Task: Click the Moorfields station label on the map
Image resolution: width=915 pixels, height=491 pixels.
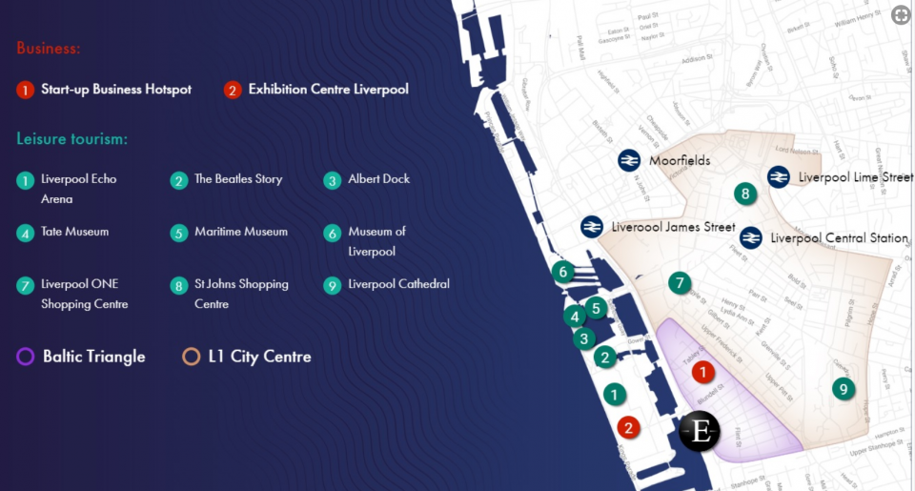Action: pos(680,161)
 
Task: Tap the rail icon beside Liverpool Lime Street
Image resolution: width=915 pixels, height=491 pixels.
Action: pos(778,177)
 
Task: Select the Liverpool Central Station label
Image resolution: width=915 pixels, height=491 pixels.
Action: pos(839,238)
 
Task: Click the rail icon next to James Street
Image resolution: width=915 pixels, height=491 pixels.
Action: pos(592,227)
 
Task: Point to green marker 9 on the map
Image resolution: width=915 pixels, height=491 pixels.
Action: pos(843,389)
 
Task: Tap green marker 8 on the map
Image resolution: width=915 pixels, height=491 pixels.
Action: pos(745,194)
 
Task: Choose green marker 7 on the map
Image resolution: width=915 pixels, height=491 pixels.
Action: pos(679,282)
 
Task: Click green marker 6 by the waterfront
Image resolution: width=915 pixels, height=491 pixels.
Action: pos(563,272)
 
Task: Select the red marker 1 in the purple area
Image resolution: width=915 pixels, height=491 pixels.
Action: pos(702,372)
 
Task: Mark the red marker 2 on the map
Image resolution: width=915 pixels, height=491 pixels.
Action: pos(627,427)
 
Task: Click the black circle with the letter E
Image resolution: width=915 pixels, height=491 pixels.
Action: pos(701,432)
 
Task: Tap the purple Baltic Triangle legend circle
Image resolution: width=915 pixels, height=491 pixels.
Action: pos(26,357)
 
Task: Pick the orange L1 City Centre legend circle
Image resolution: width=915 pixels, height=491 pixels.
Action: pos(191,357)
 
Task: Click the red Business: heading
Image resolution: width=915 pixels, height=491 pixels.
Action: pos(48,49)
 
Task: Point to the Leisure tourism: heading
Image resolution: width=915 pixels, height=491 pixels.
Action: pos(71,139)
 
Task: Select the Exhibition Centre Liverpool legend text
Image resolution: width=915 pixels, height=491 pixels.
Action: pos(328,90)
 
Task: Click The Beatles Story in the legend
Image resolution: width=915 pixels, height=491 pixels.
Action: pos(238,179)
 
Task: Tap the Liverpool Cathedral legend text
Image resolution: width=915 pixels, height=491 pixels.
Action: pos(398,284)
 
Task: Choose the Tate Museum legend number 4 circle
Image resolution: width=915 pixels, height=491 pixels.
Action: pos(25,233)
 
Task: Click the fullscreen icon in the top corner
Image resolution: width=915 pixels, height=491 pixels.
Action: pos(900,14)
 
